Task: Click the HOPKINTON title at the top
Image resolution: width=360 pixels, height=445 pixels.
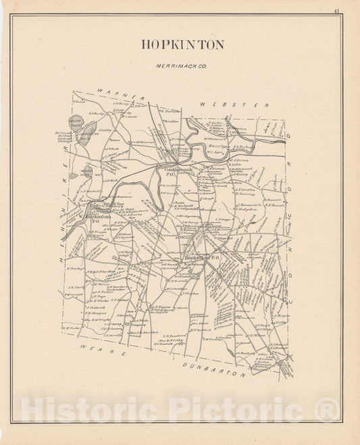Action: pos(182,45)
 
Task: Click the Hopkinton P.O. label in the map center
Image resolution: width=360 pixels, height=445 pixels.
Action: pos(203,257)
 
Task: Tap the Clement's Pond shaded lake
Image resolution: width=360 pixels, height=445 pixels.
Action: pos(89,134)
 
